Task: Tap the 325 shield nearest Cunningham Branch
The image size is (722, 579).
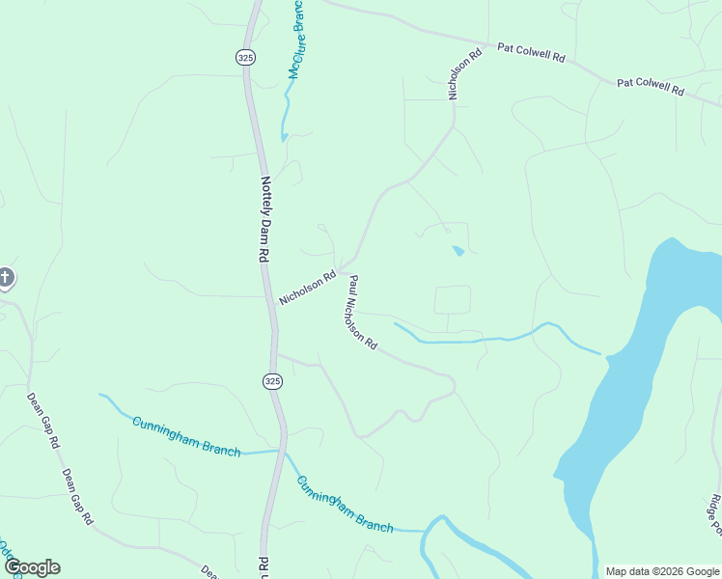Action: coord(272,381)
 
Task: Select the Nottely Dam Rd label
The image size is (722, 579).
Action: coord(263,219)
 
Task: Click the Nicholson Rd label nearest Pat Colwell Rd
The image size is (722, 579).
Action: coord(463,75)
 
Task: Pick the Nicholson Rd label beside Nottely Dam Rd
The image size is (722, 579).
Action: coord(307,288)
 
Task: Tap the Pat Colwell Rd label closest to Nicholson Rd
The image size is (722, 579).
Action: coord(531,52)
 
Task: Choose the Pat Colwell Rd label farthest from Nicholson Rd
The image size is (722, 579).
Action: coord(651,87)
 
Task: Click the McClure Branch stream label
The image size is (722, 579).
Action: coord(295,39)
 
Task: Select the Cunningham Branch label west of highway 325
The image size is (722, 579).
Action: coord(186,437)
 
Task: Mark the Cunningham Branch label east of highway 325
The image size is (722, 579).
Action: coord(345,504)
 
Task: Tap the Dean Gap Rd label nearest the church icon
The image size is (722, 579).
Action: coord(42,422)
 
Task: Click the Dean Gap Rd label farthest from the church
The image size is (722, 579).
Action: coord(76,496)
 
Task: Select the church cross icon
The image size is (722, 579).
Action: coord(6,279)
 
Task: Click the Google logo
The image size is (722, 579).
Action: coord(32,567)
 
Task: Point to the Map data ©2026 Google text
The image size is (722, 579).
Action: coord(662,571)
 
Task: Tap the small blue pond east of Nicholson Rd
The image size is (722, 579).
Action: coord(458,252)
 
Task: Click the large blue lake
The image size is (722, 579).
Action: coord(627,386)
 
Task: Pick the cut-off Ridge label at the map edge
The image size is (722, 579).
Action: coord(714,514)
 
